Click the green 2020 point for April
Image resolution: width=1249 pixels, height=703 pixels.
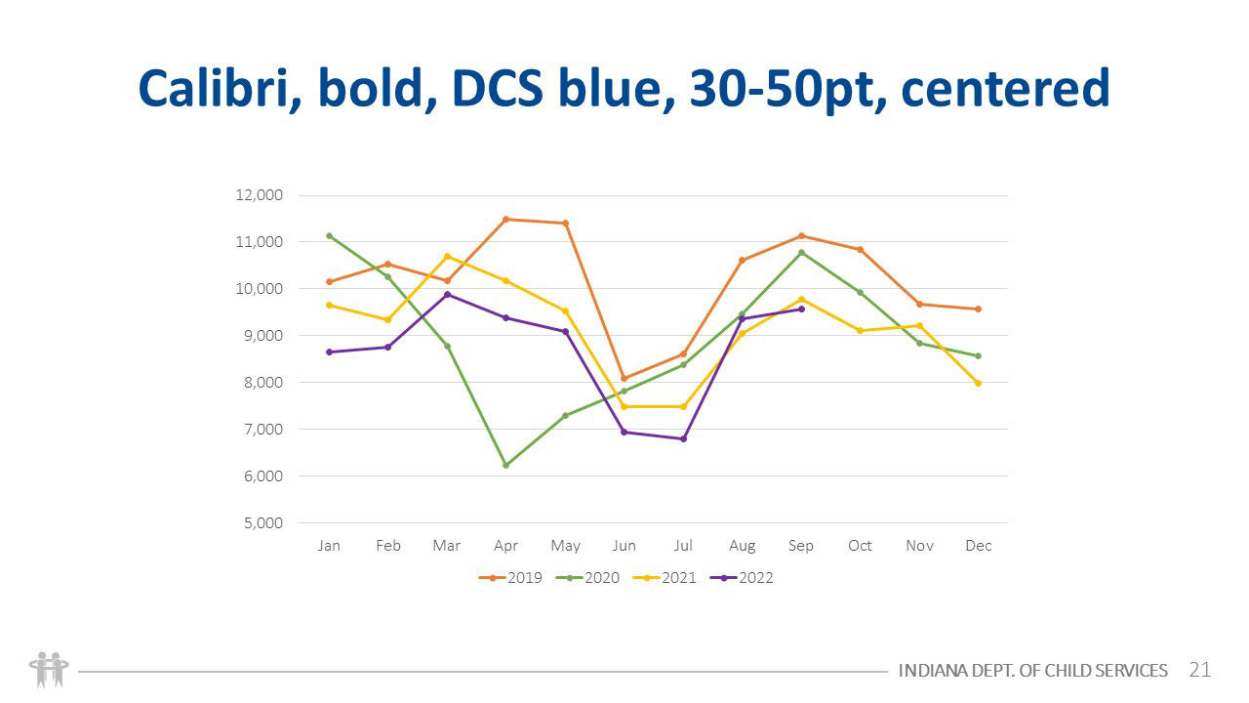pos(505,465)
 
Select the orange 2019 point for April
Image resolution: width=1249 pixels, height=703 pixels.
pos(505,219)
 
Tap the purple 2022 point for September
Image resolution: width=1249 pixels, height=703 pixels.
pos(801,309)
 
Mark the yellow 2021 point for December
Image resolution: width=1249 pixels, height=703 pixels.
pos(978,383)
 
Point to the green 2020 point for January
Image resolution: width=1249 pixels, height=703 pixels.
pos(329,235)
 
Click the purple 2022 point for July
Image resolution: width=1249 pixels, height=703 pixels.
pos(683,438)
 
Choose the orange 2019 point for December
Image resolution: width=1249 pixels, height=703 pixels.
pos(978,309)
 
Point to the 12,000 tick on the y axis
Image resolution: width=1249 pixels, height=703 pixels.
pos(260,195)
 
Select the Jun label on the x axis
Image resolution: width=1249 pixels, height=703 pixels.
pos(624,546)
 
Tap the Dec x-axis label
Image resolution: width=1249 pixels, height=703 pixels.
pos(978,546)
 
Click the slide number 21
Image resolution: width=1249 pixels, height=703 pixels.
pos(1199,670)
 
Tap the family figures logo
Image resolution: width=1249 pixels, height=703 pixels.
pos(49,669)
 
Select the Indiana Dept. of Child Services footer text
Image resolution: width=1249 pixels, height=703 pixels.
pos(1032,671)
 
